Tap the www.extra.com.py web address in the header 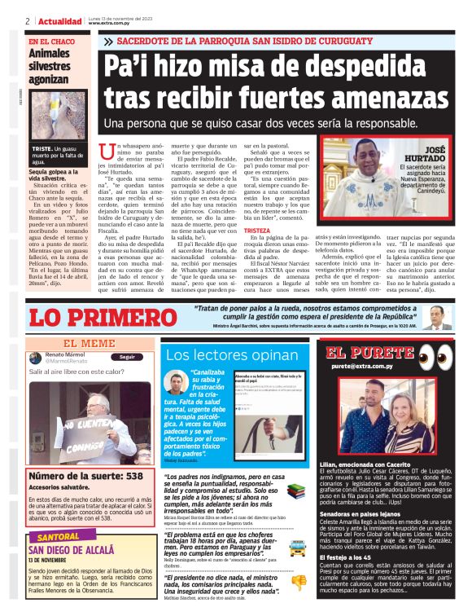click(111, 24)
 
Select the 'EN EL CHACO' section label click(50, 41)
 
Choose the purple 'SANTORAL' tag click(59, 537)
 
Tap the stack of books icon click(297, 492)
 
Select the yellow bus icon click(297, 548)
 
